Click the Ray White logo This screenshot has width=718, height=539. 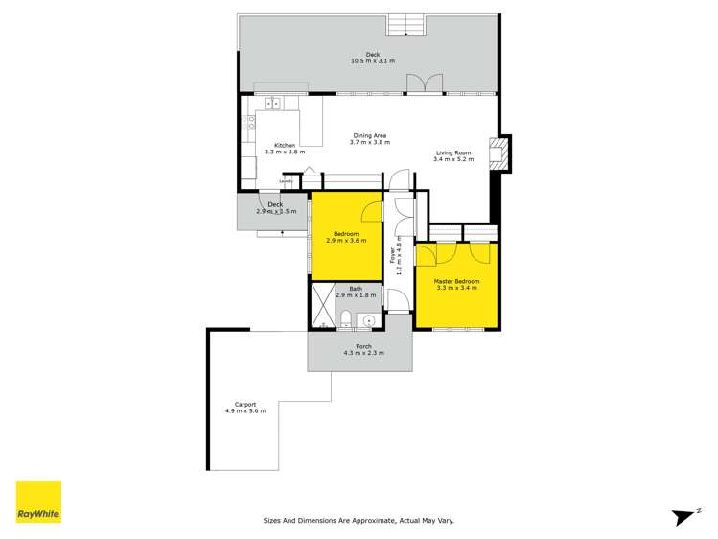click(x=38, y=502)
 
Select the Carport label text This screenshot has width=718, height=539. click(x=233, y=404)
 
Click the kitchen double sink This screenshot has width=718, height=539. click(x=271, y=103)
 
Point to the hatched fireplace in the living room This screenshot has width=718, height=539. click(x=497, y=154)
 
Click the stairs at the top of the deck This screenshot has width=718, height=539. click(x=405, y=25)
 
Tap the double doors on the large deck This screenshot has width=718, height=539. click(x=422, y=83)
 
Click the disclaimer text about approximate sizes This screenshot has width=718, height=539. click(x=359, y=521)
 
